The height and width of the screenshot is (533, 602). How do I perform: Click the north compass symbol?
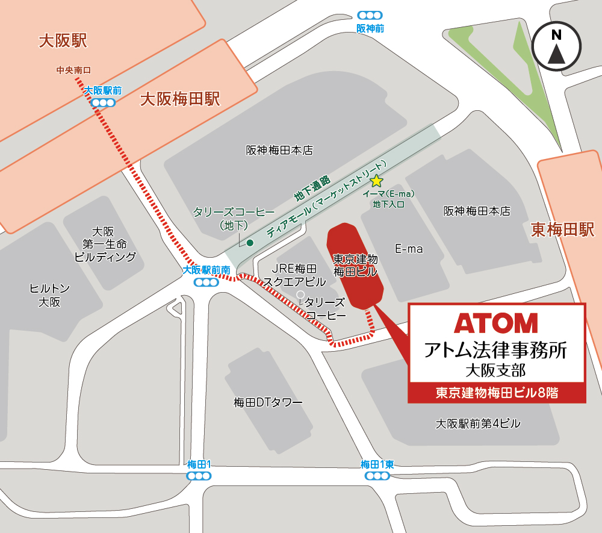tap(556, 47)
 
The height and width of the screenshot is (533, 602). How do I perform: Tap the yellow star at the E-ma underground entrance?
tap(376, 181)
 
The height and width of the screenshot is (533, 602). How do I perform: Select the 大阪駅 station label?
tap(63, 40)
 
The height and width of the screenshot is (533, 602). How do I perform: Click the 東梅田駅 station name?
tap(562, 229)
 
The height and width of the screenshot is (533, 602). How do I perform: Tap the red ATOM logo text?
tap(496, 323)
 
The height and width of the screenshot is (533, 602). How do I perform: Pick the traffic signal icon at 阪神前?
tap(370, 15)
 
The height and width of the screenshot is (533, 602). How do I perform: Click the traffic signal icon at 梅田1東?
tap(377, 476)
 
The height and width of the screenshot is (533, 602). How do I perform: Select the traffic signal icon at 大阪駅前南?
tap(206, 282)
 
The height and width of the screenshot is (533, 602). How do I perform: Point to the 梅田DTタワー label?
tap(268, 402)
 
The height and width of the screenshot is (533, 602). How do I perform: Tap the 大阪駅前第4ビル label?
tap(479, 424)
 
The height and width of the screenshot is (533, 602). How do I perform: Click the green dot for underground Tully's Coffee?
tap(250, 243)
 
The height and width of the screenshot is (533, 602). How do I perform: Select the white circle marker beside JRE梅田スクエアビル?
tap(300, 294)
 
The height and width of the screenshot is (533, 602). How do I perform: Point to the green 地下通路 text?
tap(312, 187)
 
